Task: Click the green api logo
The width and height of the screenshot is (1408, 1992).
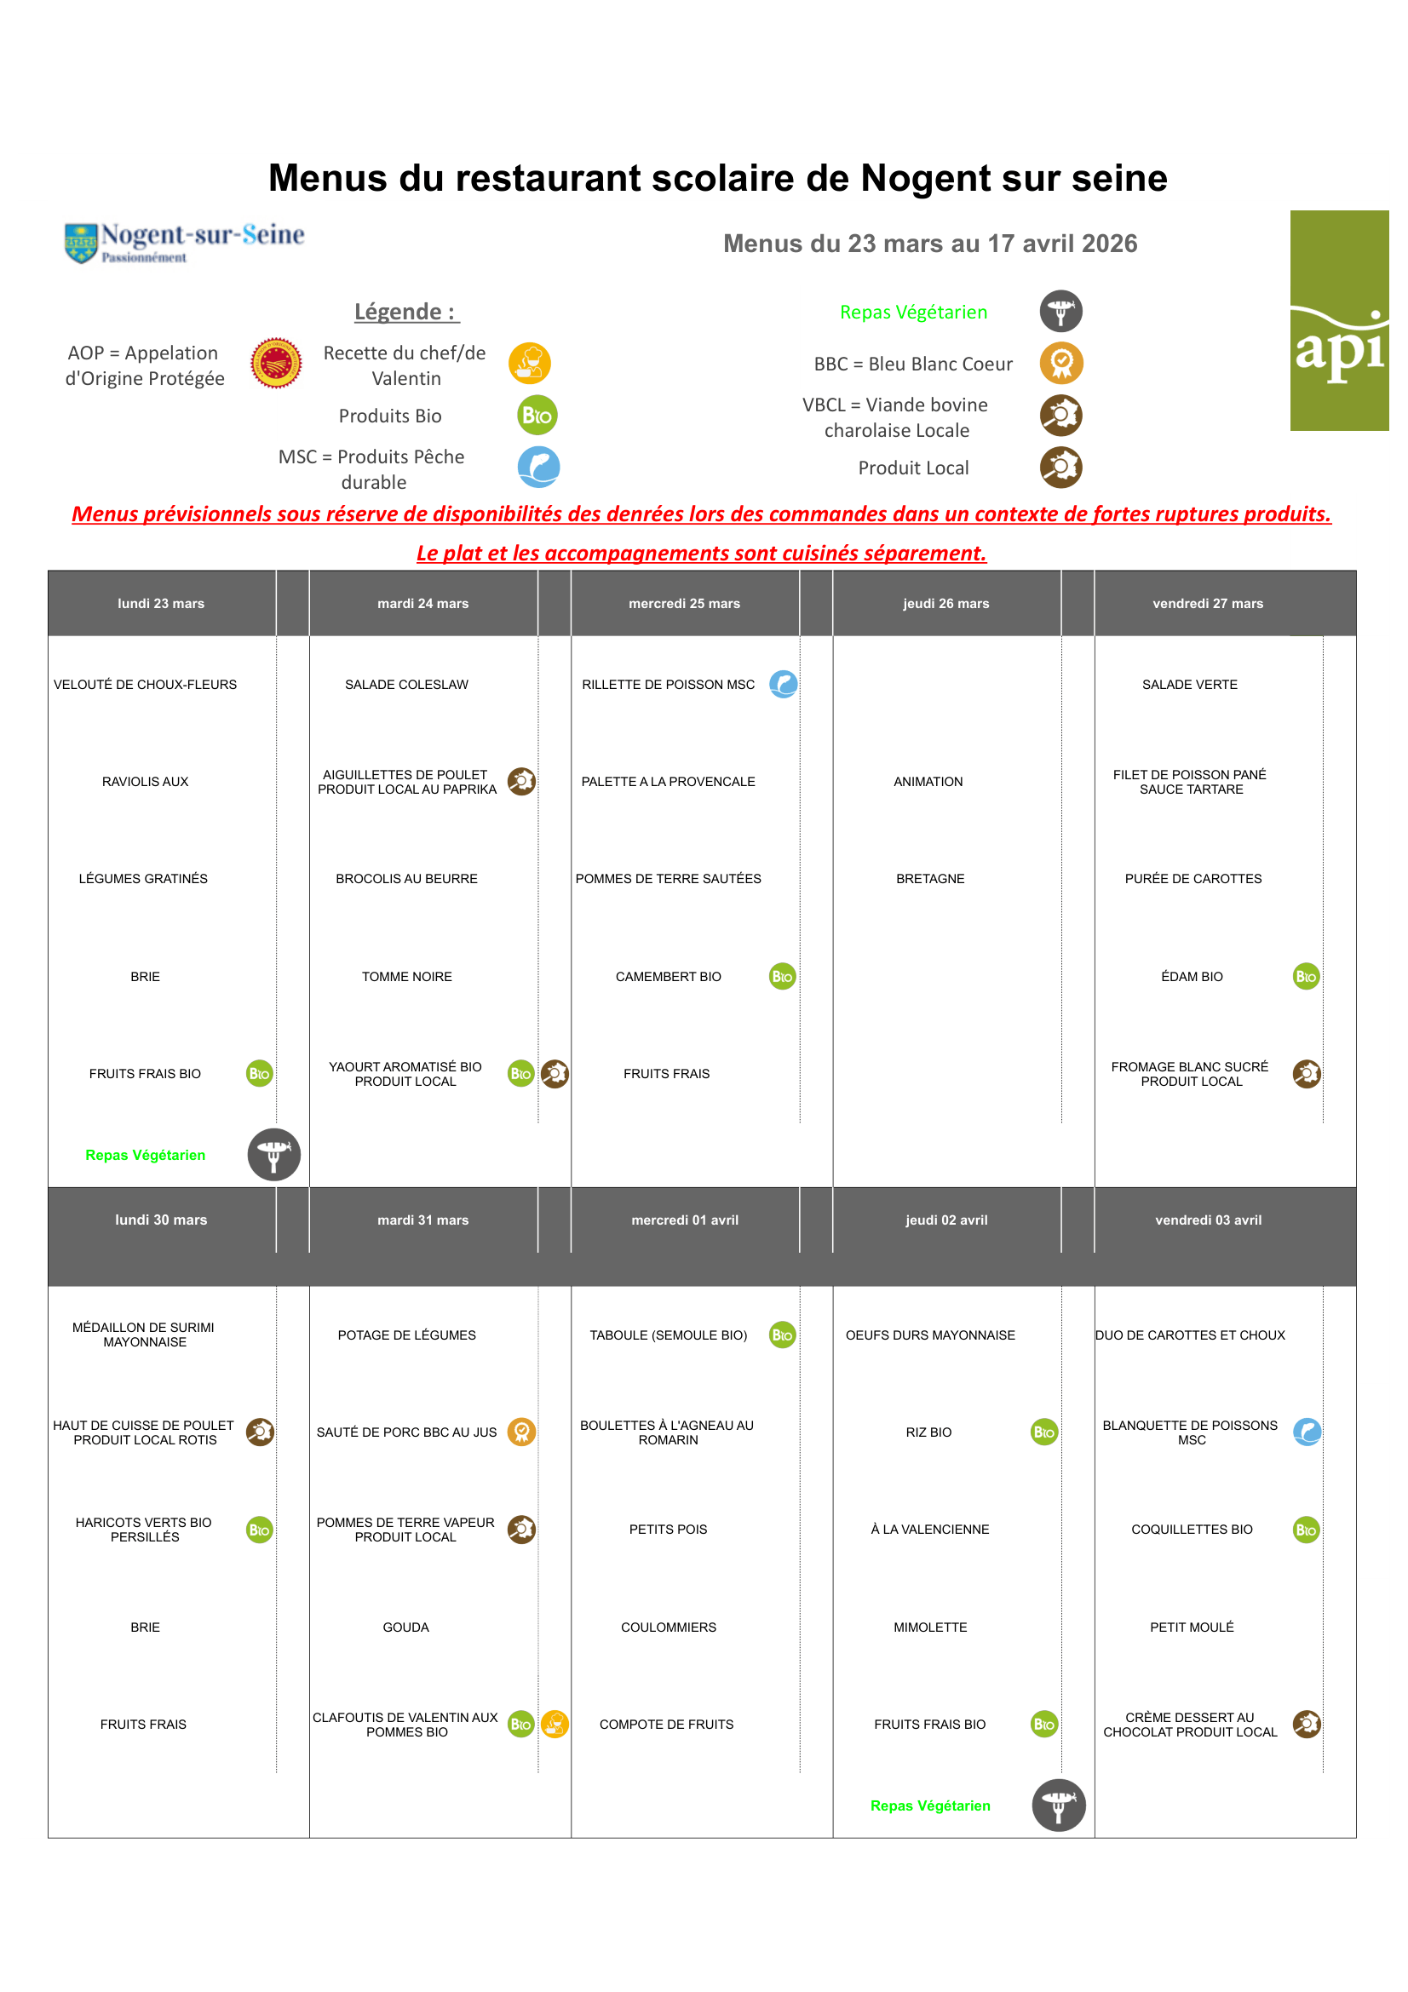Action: [1338, 320]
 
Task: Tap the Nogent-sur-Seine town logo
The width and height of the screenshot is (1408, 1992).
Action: [184, 242]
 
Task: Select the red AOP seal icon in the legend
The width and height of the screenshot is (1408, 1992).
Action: [276, 363]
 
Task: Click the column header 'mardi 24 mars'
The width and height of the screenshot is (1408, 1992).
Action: [422, 603]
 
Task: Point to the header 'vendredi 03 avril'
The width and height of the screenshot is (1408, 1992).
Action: [1208, 1219]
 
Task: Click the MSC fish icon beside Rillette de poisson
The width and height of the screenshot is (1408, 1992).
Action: [783, 684]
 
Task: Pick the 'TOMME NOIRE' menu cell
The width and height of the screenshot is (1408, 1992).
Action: [406, 976]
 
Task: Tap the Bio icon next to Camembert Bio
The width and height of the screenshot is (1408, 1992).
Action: [782, 976]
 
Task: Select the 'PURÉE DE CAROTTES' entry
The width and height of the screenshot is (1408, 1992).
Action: [1192, 878]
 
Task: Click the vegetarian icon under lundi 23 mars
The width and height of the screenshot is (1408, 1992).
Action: [274, 1154]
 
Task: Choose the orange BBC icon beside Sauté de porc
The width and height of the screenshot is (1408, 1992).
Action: [521, 1431]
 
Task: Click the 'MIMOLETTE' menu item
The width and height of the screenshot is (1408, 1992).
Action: [930, 1627]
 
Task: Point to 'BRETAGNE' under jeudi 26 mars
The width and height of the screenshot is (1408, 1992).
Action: [930, 878]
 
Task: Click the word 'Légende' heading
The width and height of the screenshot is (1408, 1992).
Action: [406, 312]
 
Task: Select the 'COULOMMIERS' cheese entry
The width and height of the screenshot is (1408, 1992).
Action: [668, 1627]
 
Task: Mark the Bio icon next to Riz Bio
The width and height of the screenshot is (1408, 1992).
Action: [1043, 1432]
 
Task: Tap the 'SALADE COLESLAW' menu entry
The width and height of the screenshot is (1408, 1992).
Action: [406, 684]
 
